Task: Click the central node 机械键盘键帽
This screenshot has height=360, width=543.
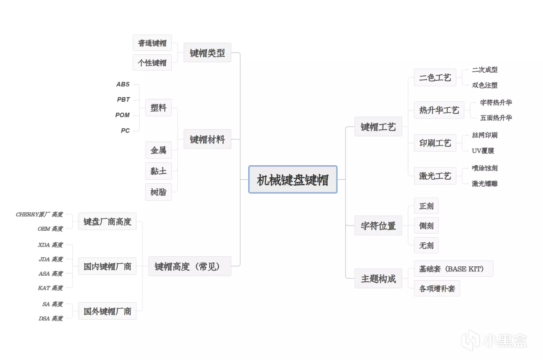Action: click(292, 179)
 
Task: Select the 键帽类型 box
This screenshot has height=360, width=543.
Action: click(207, 53)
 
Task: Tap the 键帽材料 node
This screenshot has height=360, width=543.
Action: click(207, 139)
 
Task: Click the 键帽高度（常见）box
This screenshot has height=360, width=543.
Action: click(189, 266)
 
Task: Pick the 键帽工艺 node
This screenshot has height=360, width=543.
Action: click(378, 127)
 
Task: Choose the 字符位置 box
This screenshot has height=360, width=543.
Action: click(378, 225)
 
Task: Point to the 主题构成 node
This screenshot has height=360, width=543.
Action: click(378, 278)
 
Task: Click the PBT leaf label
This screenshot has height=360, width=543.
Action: click(123, 100)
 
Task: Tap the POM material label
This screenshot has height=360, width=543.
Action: click(122, 115)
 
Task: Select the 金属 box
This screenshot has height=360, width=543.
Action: click(158, 150)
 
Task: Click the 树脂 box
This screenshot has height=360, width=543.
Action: click(158, 192)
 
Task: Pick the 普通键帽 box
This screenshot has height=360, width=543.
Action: click(152, 43)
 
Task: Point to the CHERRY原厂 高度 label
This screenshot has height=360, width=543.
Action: click(39, 215)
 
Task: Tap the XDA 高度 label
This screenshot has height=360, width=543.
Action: click(50, 245)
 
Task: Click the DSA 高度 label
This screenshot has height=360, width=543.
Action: click(51, 318)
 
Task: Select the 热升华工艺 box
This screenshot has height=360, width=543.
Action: click(439, 110)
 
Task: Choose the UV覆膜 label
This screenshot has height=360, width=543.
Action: click(483, 151)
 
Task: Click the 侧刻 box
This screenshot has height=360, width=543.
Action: click(426, 226)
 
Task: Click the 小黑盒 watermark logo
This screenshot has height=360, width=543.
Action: click(494, 340)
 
